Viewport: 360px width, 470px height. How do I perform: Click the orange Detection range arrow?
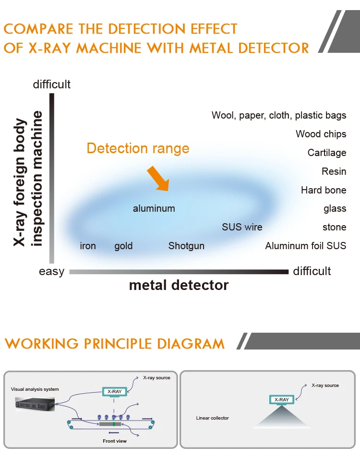pyautogui.click(x=158, y=178)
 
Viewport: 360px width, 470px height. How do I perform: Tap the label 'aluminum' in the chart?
pyautogui.click(x=154, y=208)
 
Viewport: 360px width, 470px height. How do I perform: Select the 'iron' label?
pyautogui.click(x=88, y=246)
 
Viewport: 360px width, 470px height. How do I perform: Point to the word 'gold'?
pyautogui.click(x=123, y=246)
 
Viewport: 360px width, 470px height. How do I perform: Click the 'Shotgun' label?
pyautogui.click(x=186, y=246)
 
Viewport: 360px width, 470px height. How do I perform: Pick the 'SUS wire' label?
pyautogui.click(x=242, y=227)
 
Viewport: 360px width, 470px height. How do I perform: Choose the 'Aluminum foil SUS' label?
pyautogui.click(x=305, y=246)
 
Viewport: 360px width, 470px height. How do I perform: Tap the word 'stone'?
pyautogui.click(x=334, y=227)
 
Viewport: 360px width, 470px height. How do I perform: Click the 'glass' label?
pyautogui.click(x=335, y=208)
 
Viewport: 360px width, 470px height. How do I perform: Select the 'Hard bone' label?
pyautogui.click(x=324, y=190)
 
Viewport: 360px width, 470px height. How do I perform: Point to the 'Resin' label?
pyautogui.click(x=334, y=171)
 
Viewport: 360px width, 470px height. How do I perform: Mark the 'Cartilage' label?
pyautogui.click(x=327, y=153)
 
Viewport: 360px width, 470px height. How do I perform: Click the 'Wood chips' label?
pyautogui.click(x=321, y=134)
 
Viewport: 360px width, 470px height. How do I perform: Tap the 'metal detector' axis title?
pyautogui.click(x=179, y=285)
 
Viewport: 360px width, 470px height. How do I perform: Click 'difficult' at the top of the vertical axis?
pyautogui.click(x=51, y=84)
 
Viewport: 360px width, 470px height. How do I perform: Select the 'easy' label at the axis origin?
pyautogui.click(x=51, y=272)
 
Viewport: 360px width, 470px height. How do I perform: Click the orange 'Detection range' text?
pyautogui.click(x=138, y=148)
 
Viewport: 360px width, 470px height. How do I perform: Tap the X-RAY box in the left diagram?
pyautogui.click(x=114, y=391)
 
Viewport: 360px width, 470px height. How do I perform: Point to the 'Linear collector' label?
pyautogui.click(x=213, y=418)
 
